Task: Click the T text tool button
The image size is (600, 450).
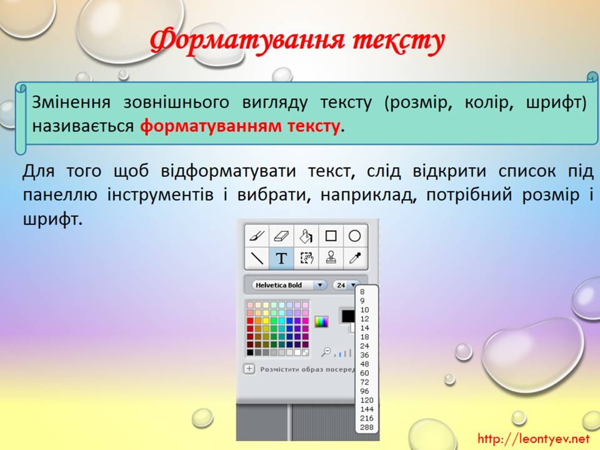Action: [x=281, y=258]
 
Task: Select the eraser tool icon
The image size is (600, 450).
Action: [x=281, y=236]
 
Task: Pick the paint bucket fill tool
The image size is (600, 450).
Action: [x=306, y=236]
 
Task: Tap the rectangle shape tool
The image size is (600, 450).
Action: [x=331, y=236]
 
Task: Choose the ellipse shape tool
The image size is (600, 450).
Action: [x=355, y=236]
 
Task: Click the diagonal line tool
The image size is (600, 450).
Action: [x=257, y=258]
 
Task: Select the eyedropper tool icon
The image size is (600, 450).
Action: [x=355, y=258]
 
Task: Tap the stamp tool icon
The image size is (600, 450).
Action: [x=331, y=258]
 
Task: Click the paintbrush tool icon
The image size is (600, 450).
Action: [x=257, y=236]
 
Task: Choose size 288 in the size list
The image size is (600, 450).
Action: [x=367, y=427]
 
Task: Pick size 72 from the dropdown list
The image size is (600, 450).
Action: [x=364, y=382]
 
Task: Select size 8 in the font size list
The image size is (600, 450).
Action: [x=362, y=292]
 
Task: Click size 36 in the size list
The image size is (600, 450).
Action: [x=364, y=355]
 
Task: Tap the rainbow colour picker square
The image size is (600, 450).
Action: [x=321, y=322]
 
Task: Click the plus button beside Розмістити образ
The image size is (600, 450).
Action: [x=249, y=369]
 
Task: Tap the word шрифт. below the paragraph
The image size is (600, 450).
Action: [x=52, y=219]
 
